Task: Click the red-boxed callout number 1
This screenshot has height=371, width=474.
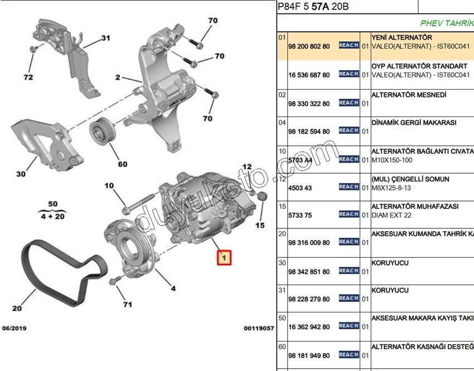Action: click(224, 258)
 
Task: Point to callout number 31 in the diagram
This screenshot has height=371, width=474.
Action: click(106, 38)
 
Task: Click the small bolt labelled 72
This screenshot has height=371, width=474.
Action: click(33, 50)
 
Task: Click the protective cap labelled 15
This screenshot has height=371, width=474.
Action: click(259, 197)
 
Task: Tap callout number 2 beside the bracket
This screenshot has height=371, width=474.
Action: click(118, 78)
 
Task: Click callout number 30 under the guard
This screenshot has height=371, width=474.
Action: click(21, 174)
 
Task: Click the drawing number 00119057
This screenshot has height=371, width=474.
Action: click(259, 329)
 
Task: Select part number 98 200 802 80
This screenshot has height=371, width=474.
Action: click(309, 46)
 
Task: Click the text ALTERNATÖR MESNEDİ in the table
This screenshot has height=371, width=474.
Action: click(409, 95)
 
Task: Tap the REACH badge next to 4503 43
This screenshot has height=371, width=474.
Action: click(349, 187)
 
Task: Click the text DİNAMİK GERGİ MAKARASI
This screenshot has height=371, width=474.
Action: click(414, 123)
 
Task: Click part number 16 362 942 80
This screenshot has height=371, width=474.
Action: click(309, 327)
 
